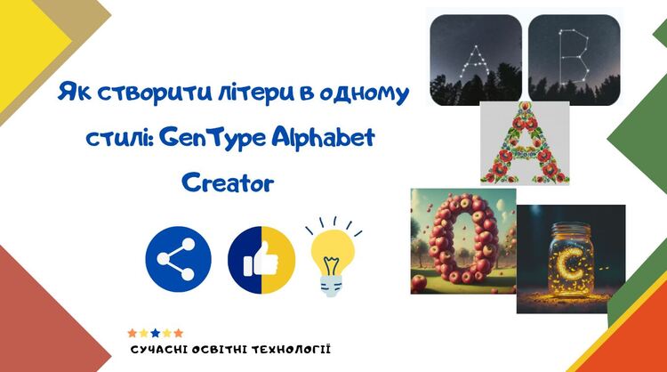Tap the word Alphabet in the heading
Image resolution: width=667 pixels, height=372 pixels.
point(324,137)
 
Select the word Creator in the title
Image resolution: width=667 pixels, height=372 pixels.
point(228,183)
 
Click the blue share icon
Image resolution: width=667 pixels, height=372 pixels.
point(178,259)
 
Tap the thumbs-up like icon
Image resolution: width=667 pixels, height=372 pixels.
point(261,260)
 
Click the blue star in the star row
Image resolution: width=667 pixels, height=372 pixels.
point(156,333)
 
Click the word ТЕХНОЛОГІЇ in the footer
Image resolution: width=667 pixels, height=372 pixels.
point(291,350)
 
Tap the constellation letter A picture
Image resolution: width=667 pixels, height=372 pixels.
point(476,60)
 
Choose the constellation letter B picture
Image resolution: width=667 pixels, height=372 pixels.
point(574,60)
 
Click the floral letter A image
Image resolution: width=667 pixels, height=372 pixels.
point(525,143)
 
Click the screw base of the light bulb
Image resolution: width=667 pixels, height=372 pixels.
point(332,286)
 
